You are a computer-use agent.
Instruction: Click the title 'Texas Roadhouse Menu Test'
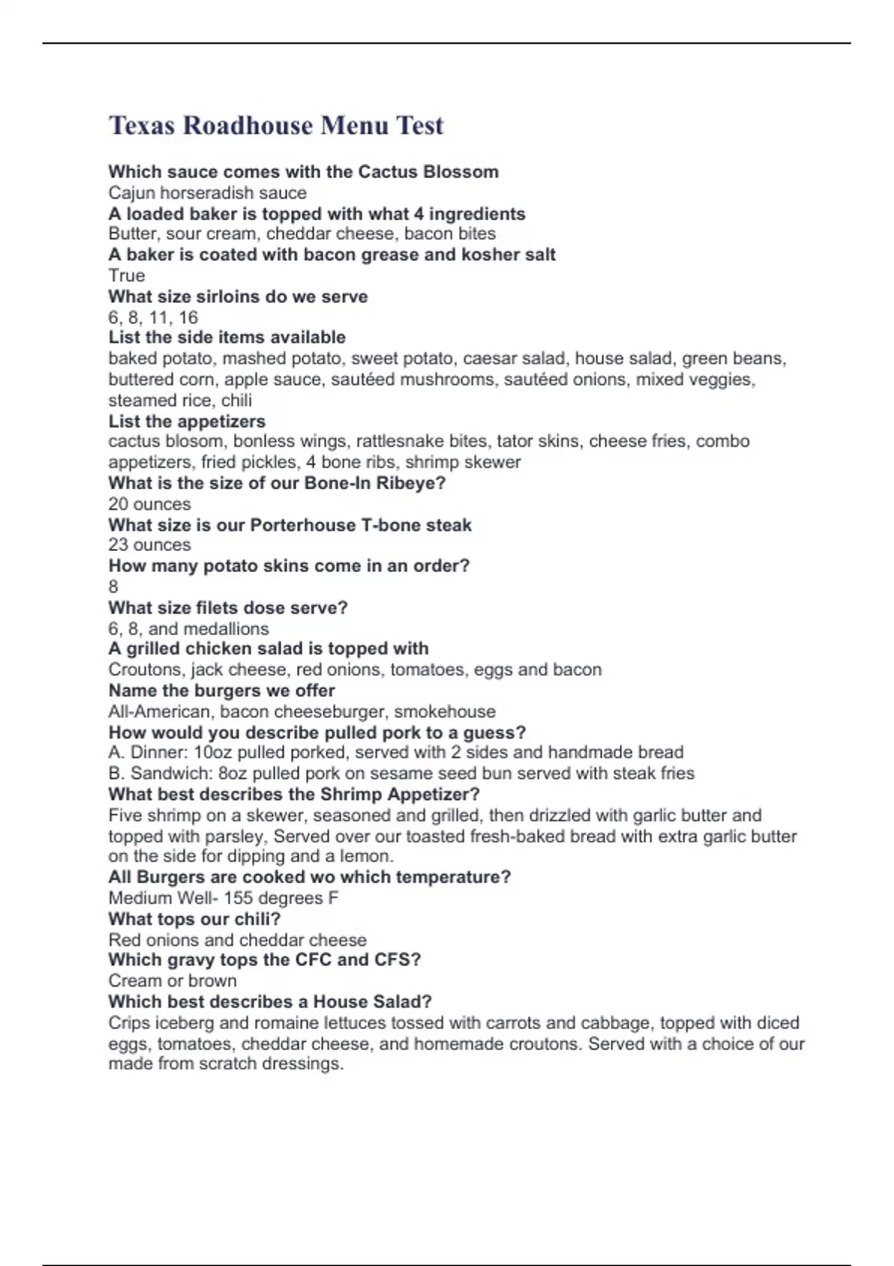[x=276, y=125]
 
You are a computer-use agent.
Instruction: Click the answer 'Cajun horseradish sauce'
[x=207, y=193]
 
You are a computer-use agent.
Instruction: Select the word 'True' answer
[x=127, y=276]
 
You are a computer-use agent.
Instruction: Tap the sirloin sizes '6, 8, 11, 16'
[x=153, y=317]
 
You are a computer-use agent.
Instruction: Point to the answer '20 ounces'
[x=149, y=504]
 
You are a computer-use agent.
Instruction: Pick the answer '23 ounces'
[x=149, y=545]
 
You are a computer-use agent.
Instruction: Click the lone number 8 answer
[x=113, y=587]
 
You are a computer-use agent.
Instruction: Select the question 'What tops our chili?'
[x=194, y=919]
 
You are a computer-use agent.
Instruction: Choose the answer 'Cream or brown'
[x=172, y=981]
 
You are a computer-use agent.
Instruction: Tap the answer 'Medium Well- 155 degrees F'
[x=223, y=898]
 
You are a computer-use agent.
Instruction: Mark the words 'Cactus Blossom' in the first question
[x=428, y=172]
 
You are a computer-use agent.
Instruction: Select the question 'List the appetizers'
[x=186, y=421]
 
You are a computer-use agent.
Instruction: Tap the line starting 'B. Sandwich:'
[x=401, y=773]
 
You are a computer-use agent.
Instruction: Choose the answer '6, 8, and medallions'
[x=188, y=629]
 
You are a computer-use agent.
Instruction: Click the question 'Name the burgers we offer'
[x=221, y=690]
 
